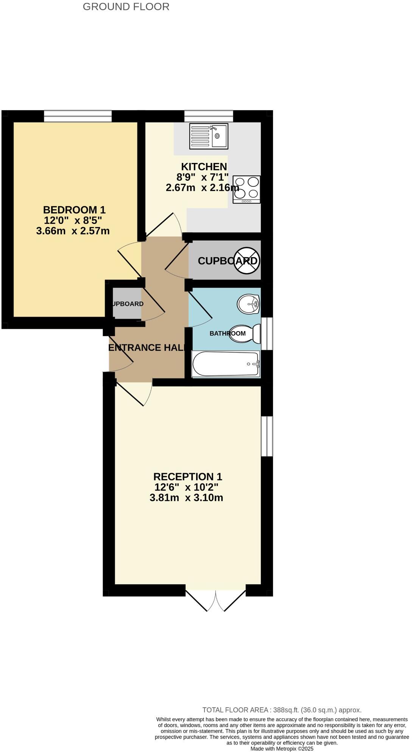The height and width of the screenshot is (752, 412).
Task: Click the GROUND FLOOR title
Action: click(x=126, y=7)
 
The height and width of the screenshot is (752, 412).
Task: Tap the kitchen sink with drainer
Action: click(x=209, y=136)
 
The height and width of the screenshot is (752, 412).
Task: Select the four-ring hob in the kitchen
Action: click(x=247, y=189)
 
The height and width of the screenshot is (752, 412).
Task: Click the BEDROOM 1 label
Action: click(x=74, y=209)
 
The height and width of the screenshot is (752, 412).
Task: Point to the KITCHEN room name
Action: click(x=204, y=167)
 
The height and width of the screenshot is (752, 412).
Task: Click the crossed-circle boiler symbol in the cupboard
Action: click(x=247, y=261)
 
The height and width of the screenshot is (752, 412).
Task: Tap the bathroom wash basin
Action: click(x=248, y=304)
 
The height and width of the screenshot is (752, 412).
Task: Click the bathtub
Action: click(x=226, y=364)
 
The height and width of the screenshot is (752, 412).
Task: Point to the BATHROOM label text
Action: click(x=228, y=333)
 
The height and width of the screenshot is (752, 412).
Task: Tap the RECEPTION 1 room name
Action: click(x=187, y=477)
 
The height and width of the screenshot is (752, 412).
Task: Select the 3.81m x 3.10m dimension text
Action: click(x=186, y=498)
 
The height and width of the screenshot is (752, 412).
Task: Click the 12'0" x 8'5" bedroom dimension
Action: click(x=73, y=220)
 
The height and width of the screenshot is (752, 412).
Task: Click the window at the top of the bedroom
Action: click(x=78, y=116)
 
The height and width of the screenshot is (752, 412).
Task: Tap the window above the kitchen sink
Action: click(x=209, y=116)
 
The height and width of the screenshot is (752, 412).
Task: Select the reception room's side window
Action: click(x=267, y=436)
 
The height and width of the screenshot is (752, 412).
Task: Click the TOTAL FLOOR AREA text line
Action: click(x=282, y=710)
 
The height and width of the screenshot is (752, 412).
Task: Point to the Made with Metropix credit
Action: click(x=282, y=749)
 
